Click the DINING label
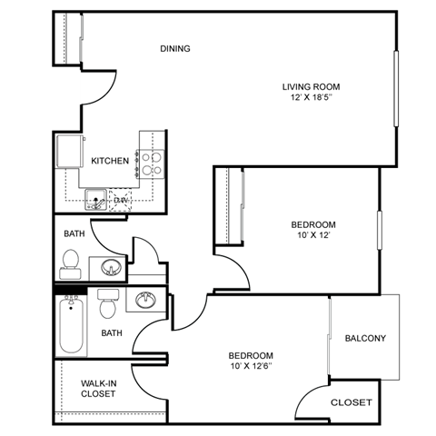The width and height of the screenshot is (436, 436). coord(175,48)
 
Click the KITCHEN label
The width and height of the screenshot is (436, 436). coord(110,161)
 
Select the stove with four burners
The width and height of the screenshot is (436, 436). coord(151,162)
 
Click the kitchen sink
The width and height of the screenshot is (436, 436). coord(95,198)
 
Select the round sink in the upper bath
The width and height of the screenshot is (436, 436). coord(111,267)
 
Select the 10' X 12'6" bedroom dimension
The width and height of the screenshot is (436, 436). coord(250,367)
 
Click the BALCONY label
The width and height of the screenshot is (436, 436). coord(365,339)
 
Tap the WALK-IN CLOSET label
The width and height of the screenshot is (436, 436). coord(98,388)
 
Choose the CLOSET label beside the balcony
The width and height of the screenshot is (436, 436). coord(350,402)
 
